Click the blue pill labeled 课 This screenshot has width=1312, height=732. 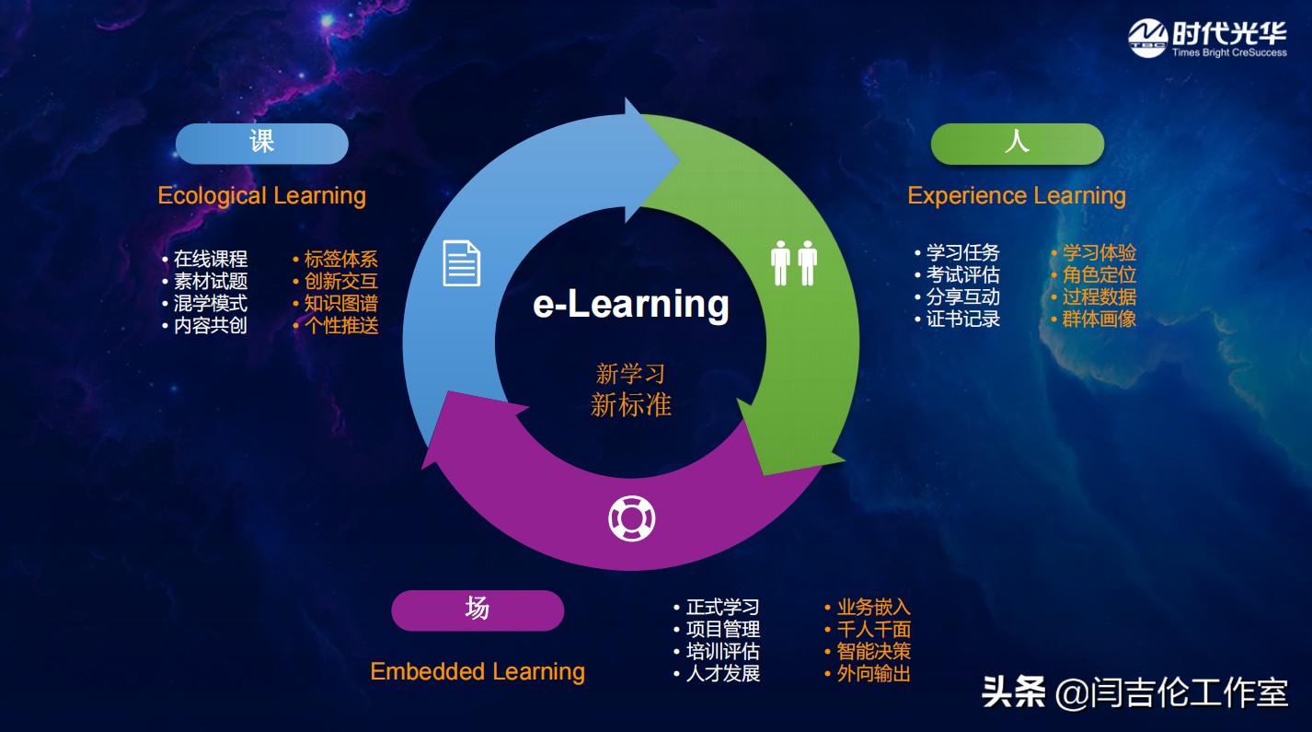click(262, 144)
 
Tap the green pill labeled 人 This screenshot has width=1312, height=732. click(1018, 144)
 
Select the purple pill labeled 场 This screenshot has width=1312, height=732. click(478, 610)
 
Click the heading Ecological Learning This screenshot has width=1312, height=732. click(262, 196)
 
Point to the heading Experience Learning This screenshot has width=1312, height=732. click(1017, 196)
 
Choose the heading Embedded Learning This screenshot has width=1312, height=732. click(478, 671)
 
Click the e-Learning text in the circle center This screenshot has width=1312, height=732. click(631, 304)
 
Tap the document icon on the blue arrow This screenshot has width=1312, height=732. click(462, 263)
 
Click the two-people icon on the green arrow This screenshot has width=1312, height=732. click(794, 263)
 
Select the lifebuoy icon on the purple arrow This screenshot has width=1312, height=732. click(631, 518)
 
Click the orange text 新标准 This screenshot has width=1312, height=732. click(631, 405)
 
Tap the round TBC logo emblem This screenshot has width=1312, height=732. click(1148, 38)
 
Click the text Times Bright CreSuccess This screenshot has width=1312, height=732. click(1229, 52)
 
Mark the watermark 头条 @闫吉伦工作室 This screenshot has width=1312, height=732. click(1135, 692)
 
